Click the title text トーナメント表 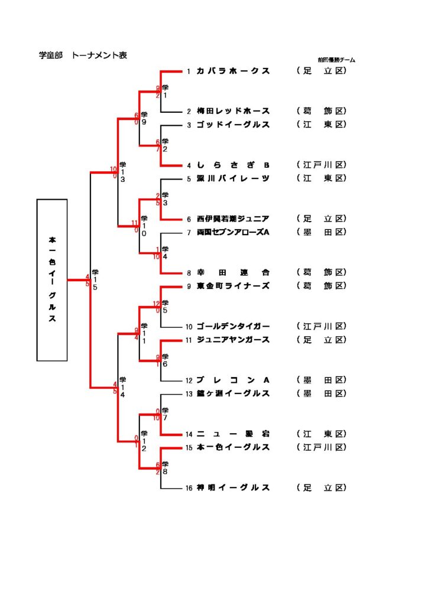99,56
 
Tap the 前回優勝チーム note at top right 336,60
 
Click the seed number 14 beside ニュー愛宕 189,434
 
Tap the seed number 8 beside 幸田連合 189,273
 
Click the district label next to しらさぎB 322,165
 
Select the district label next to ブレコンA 322,380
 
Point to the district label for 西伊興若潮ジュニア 322,219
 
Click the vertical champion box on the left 52,279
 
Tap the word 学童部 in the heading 51,56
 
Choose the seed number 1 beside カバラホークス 189,71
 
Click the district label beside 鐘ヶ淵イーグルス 322,393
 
